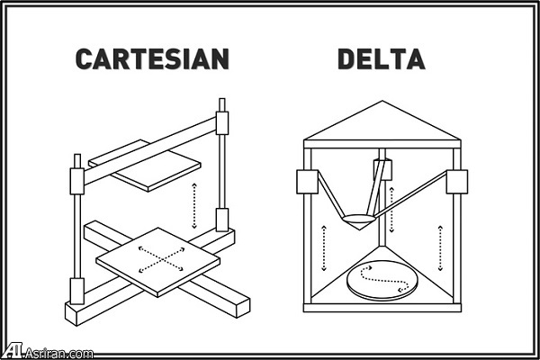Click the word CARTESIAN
pos(152,59)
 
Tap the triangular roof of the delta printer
pos(382,124)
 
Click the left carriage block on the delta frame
pos(307,182)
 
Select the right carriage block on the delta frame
pos(456,182)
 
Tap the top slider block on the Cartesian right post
pos(222,121)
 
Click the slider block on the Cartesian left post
pos(77,180)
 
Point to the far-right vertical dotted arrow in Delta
pos(440,247)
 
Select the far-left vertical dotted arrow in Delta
pos(323,247)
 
